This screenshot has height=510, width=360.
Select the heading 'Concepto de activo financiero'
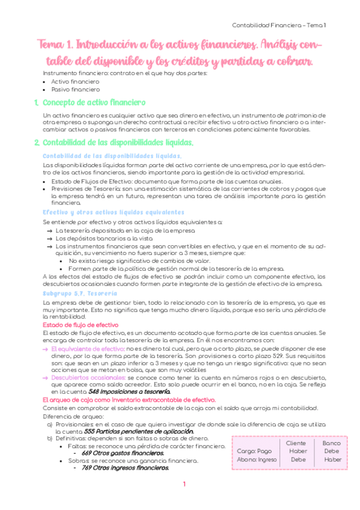pos(94,103)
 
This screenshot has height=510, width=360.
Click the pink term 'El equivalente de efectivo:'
pos(88,348)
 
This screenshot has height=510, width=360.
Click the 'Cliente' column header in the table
pos(297,443)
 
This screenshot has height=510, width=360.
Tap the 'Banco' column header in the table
pos(331,443)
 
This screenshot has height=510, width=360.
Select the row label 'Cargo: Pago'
pos(255,450)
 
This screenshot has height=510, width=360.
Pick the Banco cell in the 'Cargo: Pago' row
pos(331,450)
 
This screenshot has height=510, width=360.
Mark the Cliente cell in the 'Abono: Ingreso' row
pos(297,459)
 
